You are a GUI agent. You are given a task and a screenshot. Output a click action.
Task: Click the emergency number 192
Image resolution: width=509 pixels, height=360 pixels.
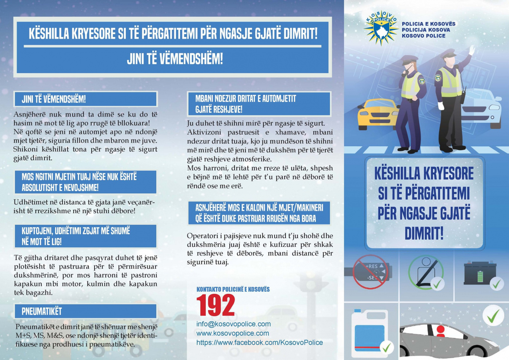[216, 305]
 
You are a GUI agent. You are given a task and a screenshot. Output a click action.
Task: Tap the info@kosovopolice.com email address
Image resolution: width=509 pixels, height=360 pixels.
[233, 324]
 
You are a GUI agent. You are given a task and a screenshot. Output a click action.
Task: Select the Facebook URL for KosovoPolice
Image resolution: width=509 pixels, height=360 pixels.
[260, 343]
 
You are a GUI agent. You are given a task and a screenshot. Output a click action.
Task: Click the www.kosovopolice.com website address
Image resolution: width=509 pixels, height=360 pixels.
[233, 333]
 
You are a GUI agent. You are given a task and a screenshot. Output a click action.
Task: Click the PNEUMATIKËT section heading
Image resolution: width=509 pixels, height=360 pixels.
[42, 311]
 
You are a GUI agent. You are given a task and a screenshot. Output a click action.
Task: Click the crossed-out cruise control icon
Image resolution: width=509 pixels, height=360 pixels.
[370, 272]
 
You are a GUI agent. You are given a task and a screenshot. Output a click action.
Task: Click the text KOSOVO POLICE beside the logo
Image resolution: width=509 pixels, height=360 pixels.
[423, 36]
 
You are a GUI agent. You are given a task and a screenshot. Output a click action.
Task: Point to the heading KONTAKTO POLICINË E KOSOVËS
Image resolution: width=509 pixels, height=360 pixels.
[233, 289]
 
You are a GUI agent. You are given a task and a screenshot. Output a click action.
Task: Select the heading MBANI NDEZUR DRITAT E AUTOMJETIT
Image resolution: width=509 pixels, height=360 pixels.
[246, 99]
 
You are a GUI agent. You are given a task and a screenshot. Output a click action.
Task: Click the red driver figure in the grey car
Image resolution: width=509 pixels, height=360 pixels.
[440, 331]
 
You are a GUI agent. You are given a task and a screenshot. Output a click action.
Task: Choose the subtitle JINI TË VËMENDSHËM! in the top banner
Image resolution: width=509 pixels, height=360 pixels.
[175, 59]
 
